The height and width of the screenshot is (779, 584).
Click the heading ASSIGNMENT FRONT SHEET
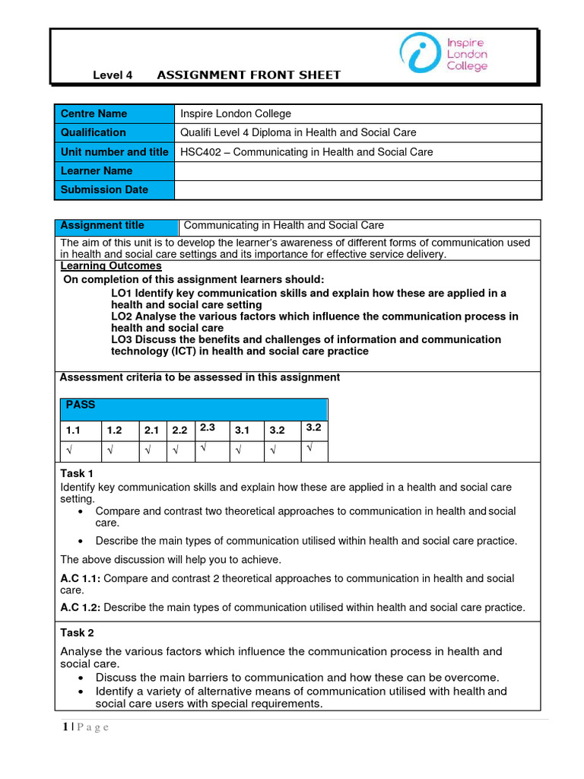click(249, 75)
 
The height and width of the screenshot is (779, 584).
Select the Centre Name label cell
click(114, 113)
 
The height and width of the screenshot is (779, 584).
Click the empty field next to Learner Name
click(357, 170)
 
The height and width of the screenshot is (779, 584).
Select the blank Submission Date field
click(357, 189)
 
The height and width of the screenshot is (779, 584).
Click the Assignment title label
click(102, 225)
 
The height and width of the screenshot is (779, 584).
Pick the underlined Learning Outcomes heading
click(110, 266)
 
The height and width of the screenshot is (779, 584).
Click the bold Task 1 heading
click(77, 473)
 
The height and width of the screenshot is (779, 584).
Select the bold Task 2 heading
click(77, 632)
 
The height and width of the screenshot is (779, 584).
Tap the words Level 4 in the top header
click(113, 75)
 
